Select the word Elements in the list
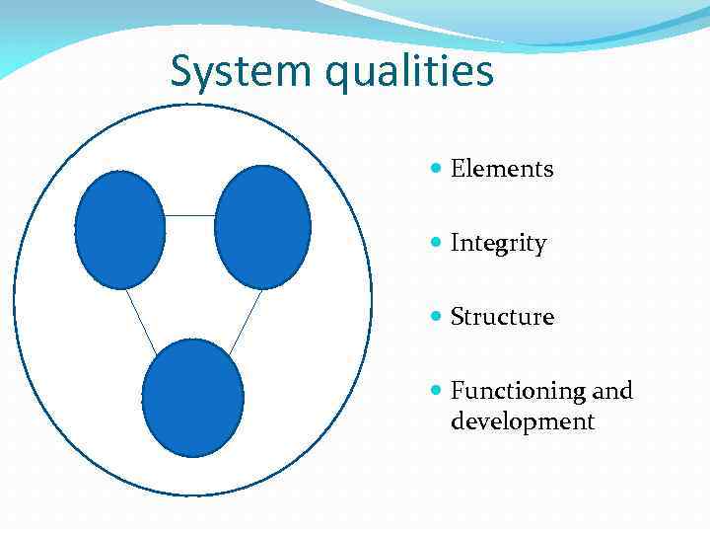[502, 169]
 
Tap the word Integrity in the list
[498, 244]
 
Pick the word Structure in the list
[502, 317]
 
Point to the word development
[523, 422]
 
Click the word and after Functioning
[612, 391]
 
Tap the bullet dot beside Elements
[437, 170]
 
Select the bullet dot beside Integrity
[437, 244]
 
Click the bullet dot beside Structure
[437, 318]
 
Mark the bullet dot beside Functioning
[437, 392]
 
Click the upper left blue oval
[120, 230]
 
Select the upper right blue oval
[262, 227]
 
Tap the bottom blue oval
[193, 398]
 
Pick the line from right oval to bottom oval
[246, 322]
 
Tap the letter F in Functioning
[457, 391]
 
